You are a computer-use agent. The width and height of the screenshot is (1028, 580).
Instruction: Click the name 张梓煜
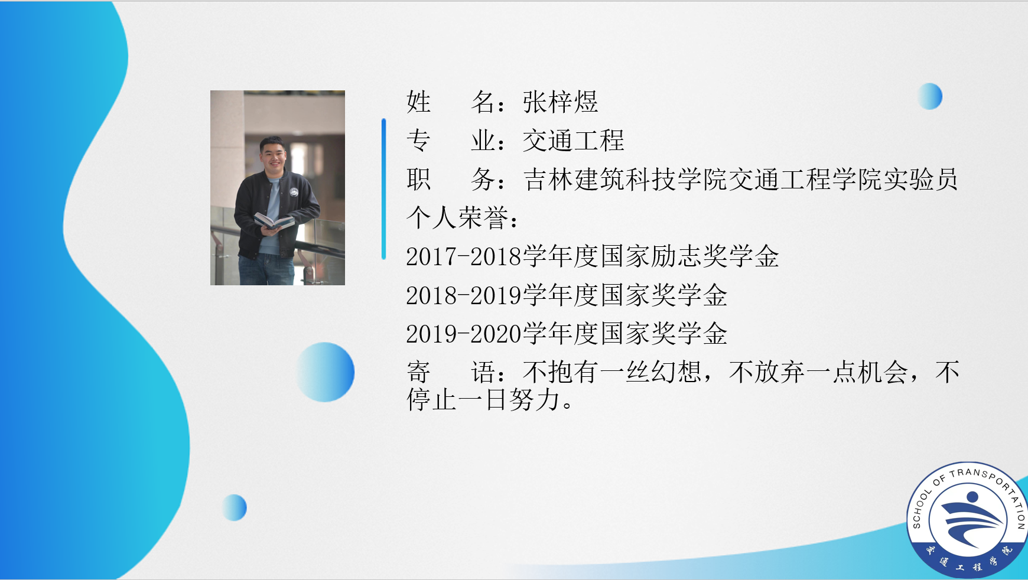pos(560,102)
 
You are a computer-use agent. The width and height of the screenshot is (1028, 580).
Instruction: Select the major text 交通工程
pos(573,141)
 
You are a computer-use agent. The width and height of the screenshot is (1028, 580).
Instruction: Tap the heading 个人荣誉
pos(457,217)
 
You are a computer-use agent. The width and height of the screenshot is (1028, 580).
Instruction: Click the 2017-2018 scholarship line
pos(593,256)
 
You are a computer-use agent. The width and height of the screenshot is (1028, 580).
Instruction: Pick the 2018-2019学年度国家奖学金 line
pos(567,295)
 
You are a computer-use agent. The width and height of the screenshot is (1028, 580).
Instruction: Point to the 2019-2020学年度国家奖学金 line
pos(567,334)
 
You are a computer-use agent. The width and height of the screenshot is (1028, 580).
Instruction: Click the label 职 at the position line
pos(418,179)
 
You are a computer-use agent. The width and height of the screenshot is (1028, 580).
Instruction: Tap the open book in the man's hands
pos(274,221)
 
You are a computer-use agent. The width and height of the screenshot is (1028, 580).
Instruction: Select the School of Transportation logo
pos(967,520)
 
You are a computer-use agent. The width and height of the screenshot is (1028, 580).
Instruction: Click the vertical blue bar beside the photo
pos(383,189)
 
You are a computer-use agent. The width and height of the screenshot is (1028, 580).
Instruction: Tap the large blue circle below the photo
pos(325,372)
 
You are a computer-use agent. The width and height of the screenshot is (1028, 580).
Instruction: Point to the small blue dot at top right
pos(930,96)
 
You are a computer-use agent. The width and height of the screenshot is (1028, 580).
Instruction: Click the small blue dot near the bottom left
pos(235,507)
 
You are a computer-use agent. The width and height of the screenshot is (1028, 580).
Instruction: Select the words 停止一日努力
pos(483,400)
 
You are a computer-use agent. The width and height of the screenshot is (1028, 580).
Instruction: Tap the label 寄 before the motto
pos(418,372)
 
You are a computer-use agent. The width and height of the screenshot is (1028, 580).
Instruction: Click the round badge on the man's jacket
pos(294,193)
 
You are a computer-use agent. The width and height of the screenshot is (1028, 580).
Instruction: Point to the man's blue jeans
pos(266,269)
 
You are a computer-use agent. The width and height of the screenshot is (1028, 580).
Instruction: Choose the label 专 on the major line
pos(418,141)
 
